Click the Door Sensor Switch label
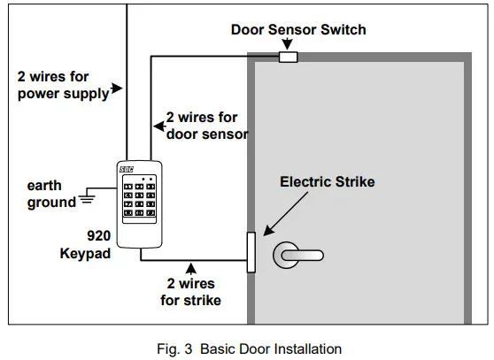point(298,29)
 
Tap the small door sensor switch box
point(288,58)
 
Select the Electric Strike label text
point(328,182)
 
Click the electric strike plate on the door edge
point(251,252)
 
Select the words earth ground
point(51,194)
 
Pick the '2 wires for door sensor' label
point(206,126)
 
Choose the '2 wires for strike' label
point(191,292)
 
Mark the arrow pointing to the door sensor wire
point(160,124)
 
